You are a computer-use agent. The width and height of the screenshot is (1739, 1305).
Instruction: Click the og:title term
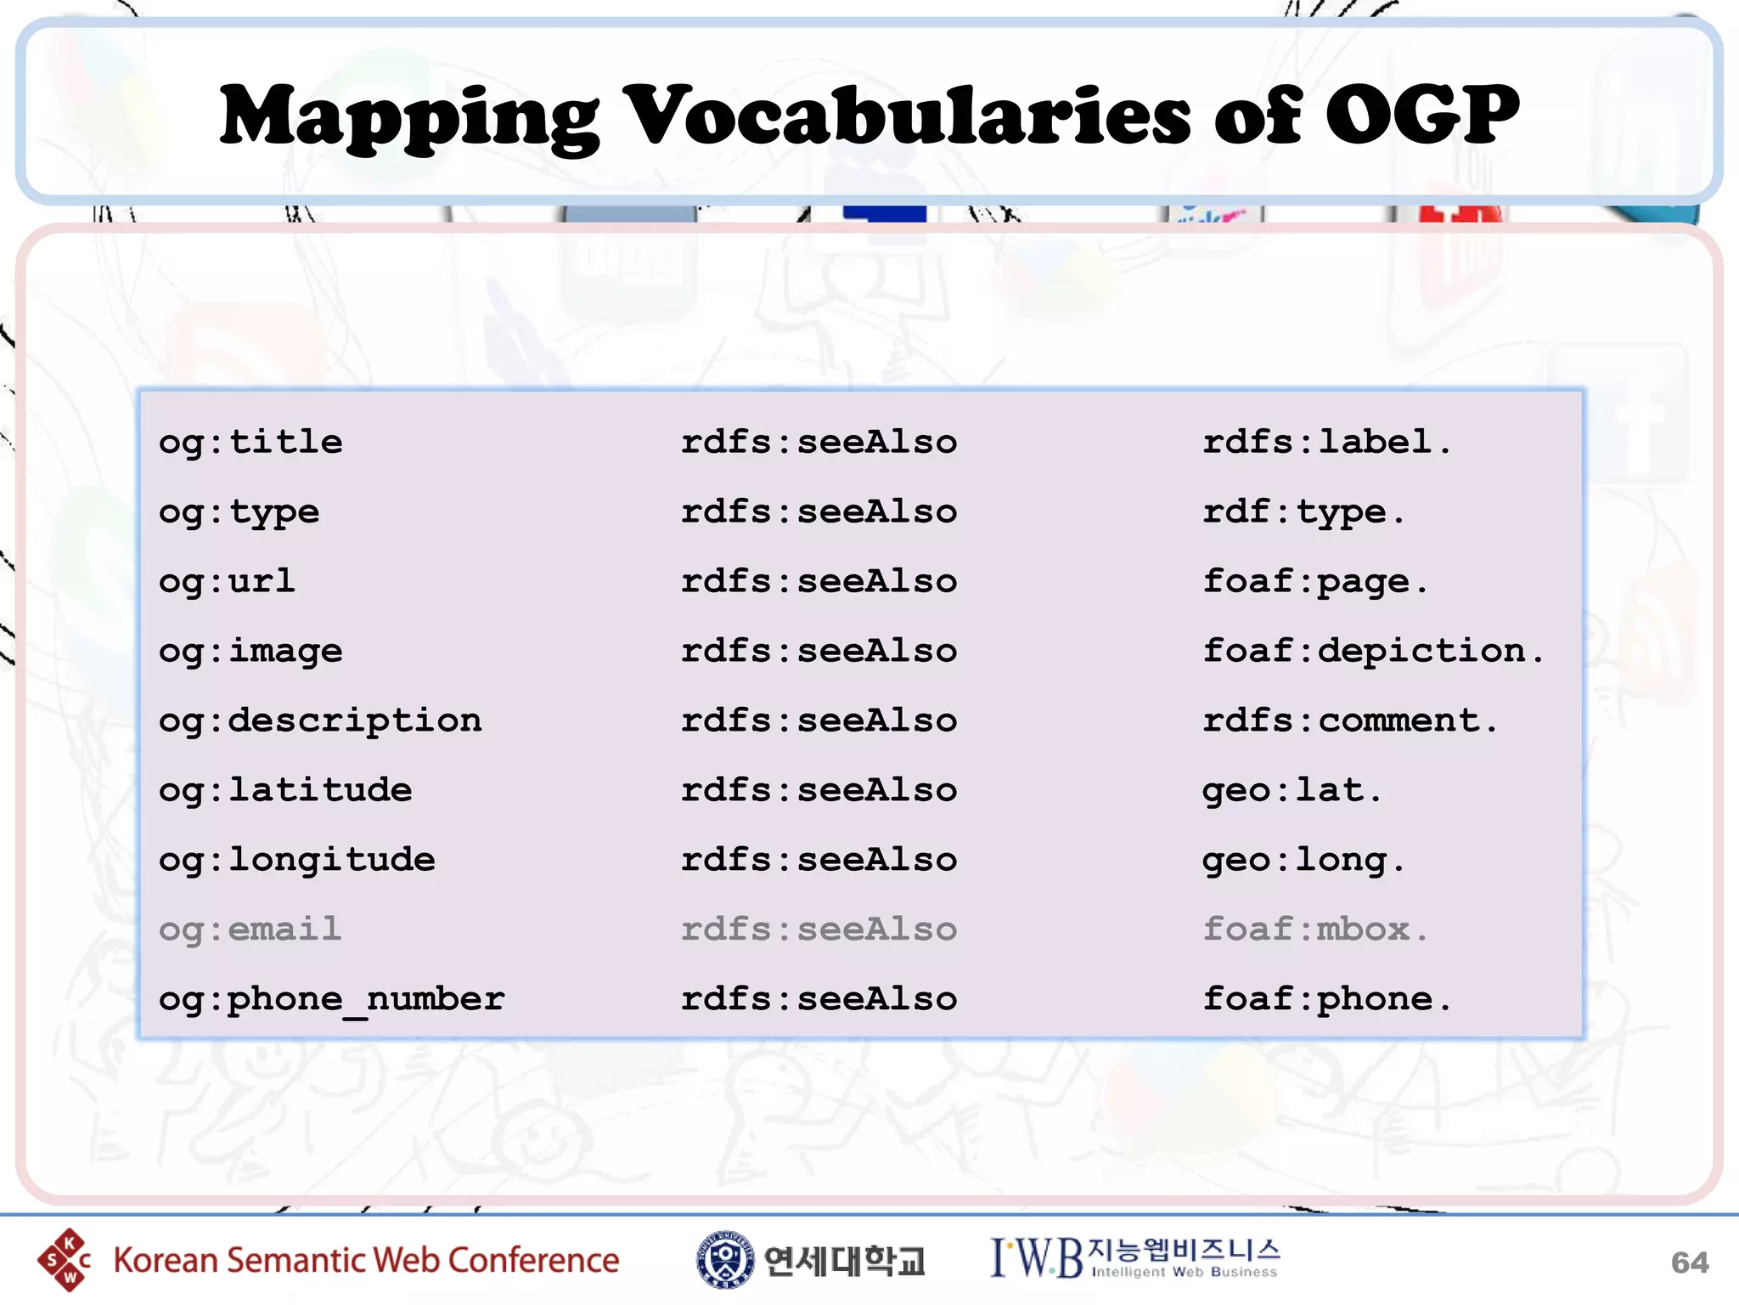click(x=250, y=443)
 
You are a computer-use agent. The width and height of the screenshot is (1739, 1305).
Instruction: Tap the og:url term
click(x=227, y=582)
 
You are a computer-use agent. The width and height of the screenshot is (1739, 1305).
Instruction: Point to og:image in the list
click(x=250, y=652)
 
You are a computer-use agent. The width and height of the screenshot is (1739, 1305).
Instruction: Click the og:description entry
click(x=320, y=721)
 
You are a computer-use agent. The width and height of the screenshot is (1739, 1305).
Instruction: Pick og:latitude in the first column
click(x=285, y=791)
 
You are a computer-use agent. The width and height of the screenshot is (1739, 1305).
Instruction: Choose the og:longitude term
click(x=297, y=861)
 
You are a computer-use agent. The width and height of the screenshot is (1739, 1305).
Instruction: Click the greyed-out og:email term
click(x=250, y=930)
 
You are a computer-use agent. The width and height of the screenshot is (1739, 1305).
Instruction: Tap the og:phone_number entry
click(x=332, y=1000)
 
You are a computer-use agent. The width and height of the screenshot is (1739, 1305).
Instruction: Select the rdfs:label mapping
click(x=1326, y=443)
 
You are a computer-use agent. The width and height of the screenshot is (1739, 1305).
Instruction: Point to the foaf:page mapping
click(x=1315, y=582)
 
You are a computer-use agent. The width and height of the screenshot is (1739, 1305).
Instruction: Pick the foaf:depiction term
click(x=1373, y=652)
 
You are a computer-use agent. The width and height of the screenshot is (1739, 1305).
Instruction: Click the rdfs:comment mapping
click(x=1350, y=721)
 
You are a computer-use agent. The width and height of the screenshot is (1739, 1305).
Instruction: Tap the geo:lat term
click(x=1292, y=791)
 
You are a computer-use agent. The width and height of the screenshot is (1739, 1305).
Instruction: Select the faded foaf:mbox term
click(x=1315, y=930)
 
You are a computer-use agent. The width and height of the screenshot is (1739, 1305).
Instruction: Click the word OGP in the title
click(x=1422, y=115)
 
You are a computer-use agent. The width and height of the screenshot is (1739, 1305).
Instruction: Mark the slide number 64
click(x=1689, y=1263)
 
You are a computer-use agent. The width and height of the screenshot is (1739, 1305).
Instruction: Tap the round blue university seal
click(x=724, y=1260)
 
